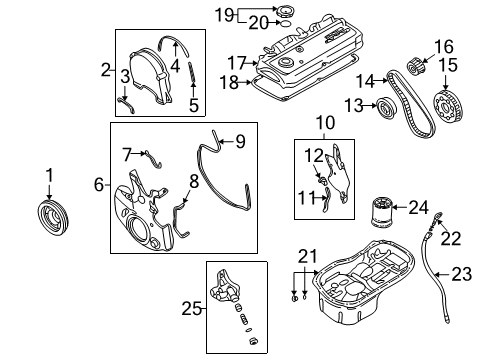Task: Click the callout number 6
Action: (98, 184)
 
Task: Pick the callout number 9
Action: (239, 140)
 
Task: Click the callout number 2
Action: (105, 70)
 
